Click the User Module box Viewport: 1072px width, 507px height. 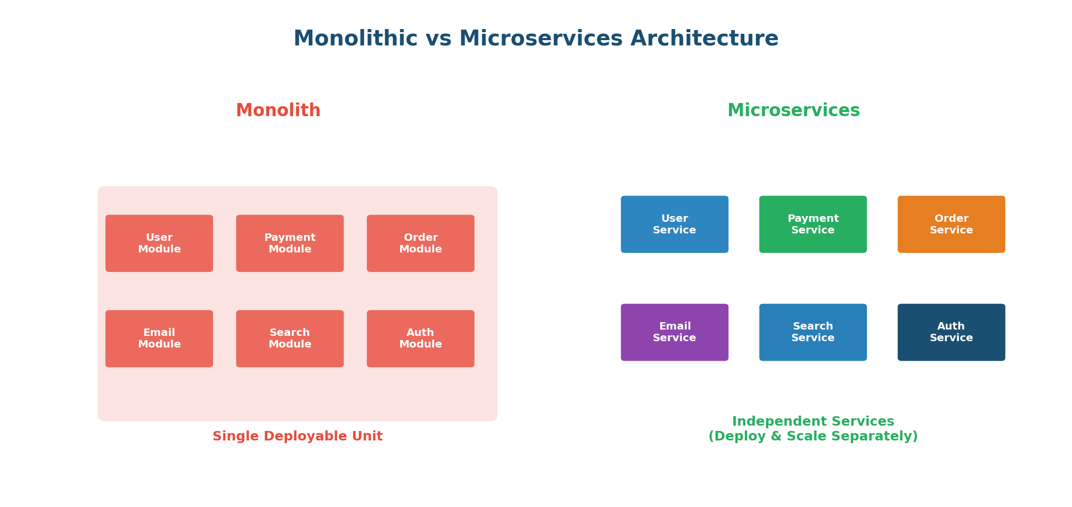click(159, 243)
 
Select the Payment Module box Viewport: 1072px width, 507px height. click(290, 243)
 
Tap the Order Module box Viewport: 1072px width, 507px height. click(420, 243)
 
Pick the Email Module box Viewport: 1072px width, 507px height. click(159, 339)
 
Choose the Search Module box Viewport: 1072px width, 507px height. click(290, 339)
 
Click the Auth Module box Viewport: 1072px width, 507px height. click(420, 339)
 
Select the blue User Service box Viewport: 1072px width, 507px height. click(674, 224)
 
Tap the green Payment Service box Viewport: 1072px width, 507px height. click(813, 224)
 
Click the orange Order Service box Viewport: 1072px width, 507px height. click(951, 224)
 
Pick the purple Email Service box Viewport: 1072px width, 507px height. click(674, 332)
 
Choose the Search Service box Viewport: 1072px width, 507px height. click(813, 332)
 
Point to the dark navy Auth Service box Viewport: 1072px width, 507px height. click(951, 332)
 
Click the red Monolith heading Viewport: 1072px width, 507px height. click(278, 110)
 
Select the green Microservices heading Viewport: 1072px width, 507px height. click(793, 110)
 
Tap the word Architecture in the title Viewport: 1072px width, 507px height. click(704, 39)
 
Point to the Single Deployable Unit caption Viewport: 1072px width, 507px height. click(298, 436)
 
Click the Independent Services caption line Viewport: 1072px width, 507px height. click(813, 421)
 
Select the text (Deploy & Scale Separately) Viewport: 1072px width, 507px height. click(813, 436)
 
